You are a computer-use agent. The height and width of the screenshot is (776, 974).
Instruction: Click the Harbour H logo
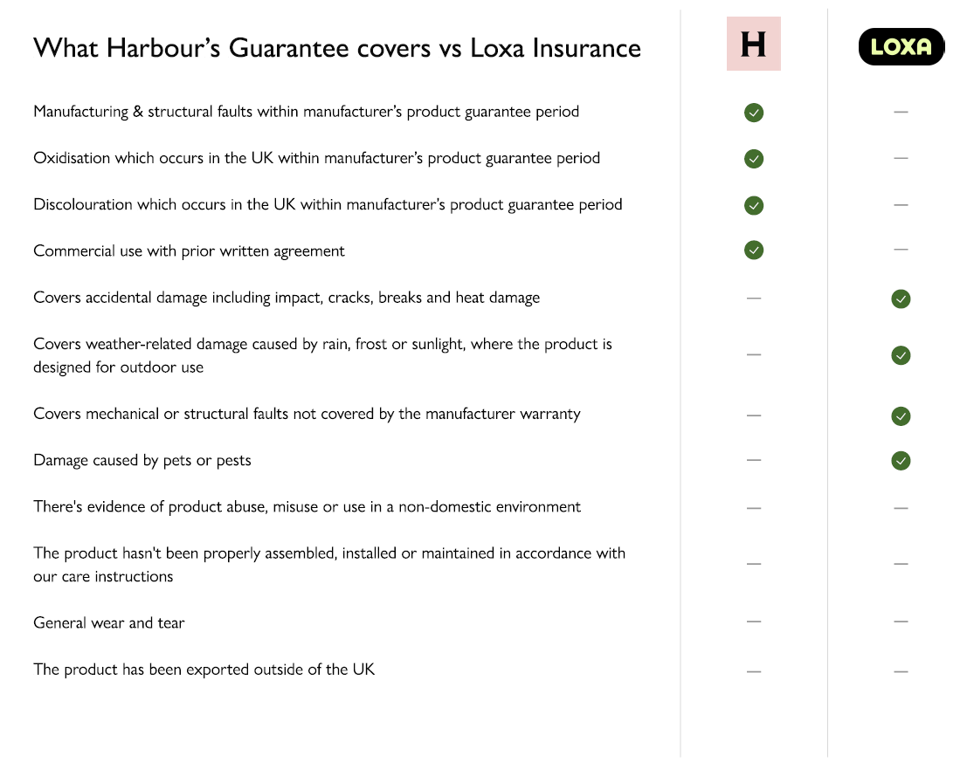[753, 44]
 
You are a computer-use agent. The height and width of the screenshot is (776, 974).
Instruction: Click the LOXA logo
[901, 47]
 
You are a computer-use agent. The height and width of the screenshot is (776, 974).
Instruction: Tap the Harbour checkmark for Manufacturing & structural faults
[754, 113]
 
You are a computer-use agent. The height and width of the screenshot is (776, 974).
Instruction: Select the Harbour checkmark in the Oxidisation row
[754, 159]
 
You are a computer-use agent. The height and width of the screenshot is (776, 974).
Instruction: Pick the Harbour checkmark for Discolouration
[754, 205]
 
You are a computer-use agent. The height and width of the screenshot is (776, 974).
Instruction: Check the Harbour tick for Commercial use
[754, 251]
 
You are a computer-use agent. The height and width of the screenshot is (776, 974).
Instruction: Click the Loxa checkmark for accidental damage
[901, 299]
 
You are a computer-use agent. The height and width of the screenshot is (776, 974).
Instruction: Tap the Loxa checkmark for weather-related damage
[901, 355]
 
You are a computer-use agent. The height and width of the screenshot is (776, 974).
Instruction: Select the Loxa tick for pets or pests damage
[901, 460]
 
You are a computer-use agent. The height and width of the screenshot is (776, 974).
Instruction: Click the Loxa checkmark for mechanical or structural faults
[901, 415]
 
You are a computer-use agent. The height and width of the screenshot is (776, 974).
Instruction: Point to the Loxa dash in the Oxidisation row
[901, 158]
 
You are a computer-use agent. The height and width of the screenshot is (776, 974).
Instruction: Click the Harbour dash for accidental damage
[754, 298]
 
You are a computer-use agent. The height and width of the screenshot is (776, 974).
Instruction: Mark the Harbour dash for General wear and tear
[754, 621]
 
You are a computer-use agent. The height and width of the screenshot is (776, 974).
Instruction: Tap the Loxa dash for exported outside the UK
[901, 671]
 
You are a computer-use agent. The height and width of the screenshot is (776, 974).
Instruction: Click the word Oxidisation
[72, 158]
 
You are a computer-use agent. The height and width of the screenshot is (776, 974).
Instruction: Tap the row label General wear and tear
[109, 622]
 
